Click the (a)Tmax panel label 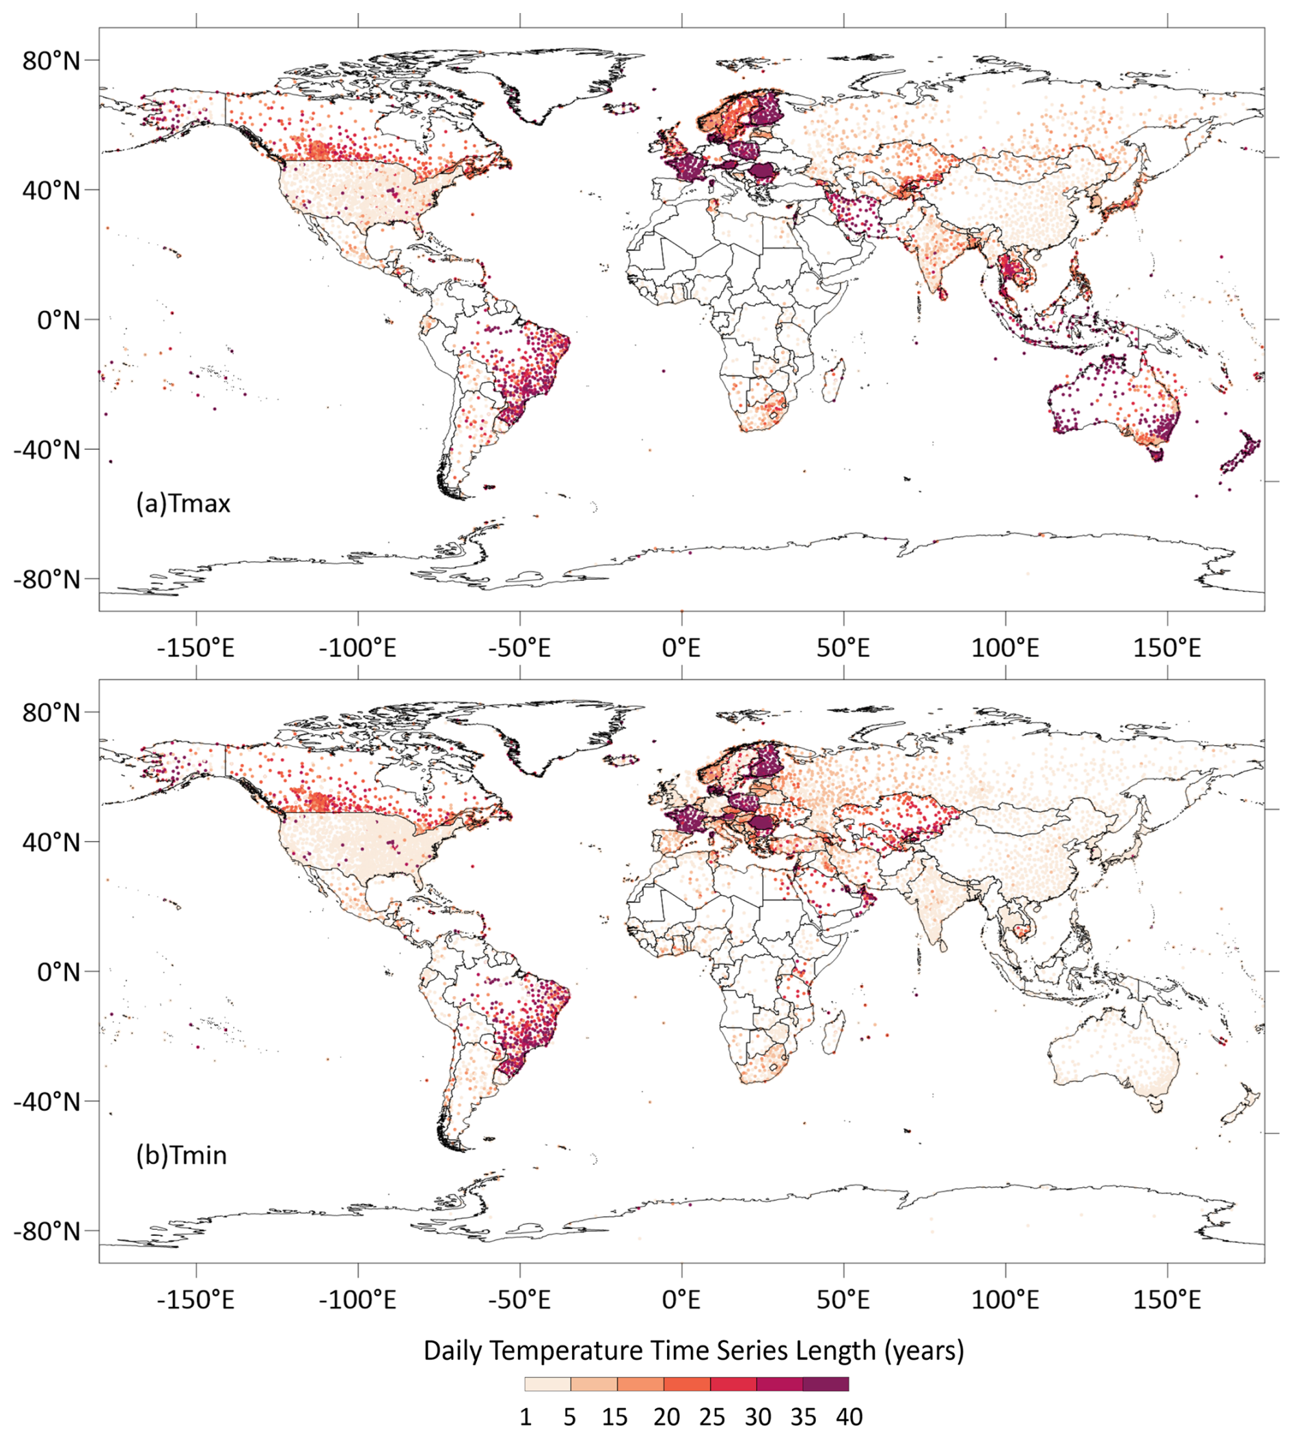tap(183, 504)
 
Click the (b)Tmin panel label tap(182, 1155)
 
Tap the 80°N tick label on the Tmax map tap(51, 61)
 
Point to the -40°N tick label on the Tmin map tap(46, 1101)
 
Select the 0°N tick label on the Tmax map tap(58, 320)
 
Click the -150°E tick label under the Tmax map tap(195, 648)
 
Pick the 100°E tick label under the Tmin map tap(1005, 1300)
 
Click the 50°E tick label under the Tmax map tap(843, 648)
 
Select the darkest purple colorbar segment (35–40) tap(826, 1384)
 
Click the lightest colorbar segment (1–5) tap(548, 1384)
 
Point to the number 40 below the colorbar tap(849, 1417)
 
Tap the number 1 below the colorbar tap(526, 1417)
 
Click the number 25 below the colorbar tap(711, 1417)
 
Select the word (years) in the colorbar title tap(924, 1350)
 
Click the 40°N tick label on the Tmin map tap(51, 843)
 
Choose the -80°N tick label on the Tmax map tap(46, 580)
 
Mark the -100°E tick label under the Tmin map tap(357, 1300)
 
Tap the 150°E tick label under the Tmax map tap(1167, 648)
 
